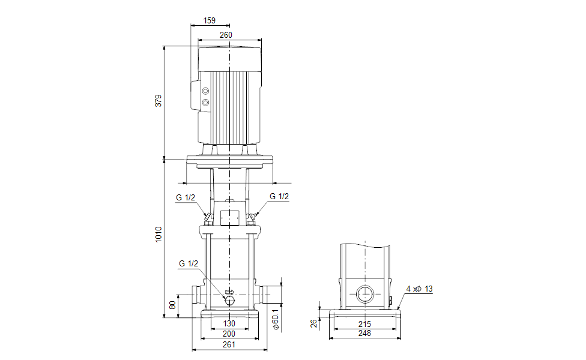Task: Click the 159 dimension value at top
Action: point(209,20)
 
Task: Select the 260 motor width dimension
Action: point(226,35)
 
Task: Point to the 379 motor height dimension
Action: point(159,101)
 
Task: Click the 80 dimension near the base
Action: point(173,305)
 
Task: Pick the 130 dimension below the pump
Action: point(229,324)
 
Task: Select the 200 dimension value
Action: point(229,334)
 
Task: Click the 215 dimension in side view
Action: point(364,324)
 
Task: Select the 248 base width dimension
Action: point(364,334)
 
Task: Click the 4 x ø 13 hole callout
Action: point(419,289)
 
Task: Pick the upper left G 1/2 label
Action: point(186,197)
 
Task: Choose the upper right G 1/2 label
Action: point(279,196)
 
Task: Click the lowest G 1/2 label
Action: point(188,263)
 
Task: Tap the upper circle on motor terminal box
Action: point(206,91)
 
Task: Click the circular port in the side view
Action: point(364,294)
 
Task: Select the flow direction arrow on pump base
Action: point(229,292)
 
